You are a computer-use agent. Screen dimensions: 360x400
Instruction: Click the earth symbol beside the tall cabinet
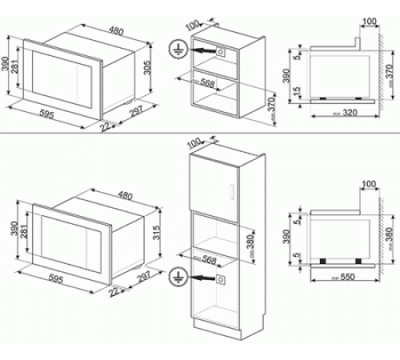[177, 280]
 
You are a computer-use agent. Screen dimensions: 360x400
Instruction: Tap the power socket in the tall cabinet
[220, 280]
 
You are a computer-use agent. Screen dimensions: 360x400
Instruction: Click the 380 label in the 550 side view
[390, 234]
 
